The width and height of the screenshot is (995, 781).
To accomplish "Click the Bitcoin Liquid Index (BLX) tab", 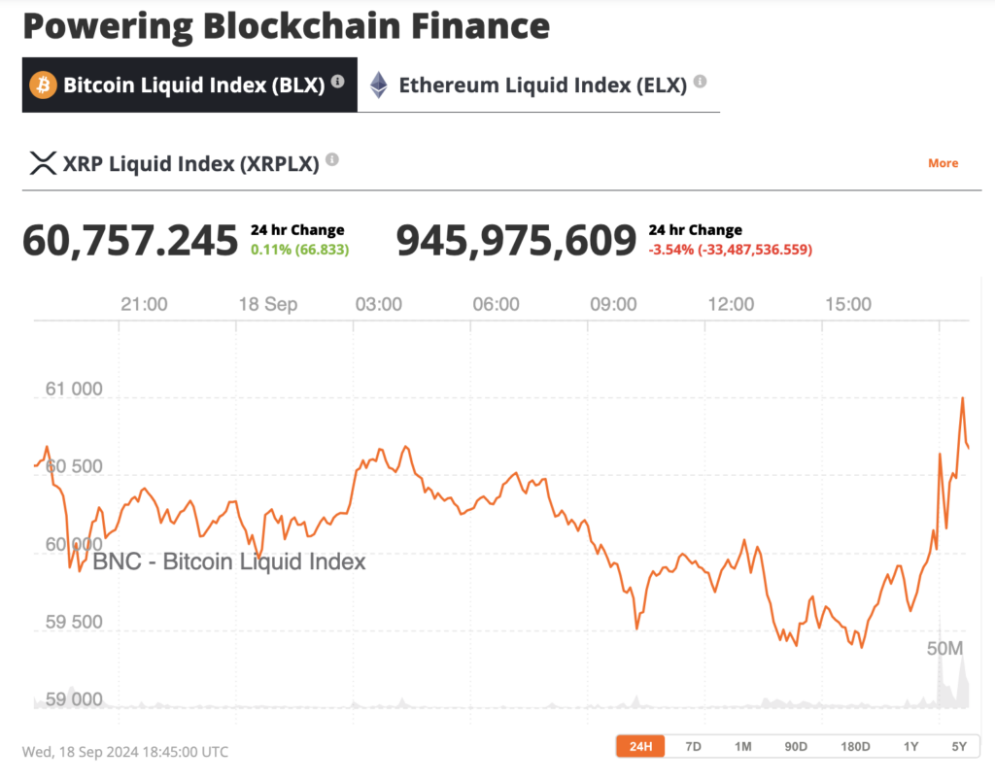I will [189, 85].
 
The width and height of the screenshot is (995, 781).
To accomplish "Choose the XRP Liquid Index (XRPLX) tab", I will [190, 163].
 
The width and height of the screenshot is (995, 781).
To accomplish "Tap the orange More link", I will [943, 163].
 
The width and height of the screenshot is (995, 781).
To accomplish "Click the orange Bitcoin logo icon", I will [43, 85].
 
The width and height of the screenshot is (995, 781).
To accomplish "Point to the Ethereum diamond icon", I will [379, 85].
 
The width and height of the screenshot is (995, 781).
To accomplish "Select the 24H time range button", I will [641, 746].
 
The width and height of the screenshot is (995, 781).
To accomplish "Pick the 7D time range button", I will [693, 746].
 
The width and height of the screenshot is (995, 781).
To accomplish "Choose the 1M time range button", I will [743, 746].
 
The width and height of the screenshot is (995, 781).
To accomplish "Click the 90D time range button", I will [796, 746].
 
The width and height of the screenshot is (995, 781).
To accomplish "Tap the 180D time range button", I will [855, 746].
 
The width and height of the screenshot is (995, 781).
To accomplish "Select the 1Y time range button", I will [910, 746].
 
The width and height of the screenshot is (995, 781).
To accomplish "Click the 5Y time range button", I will [959, 746].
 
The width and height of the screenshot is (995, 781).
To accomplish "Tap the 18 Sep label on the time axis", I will [268, 304].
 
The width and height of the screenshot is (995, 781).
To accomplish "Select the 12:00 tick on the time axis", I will [731, 304].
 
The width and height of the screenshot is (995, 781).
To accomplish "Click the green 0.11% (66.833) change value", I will [299, 249].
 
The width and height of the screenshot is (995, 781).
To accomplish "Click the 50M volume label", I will [944, 648].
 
